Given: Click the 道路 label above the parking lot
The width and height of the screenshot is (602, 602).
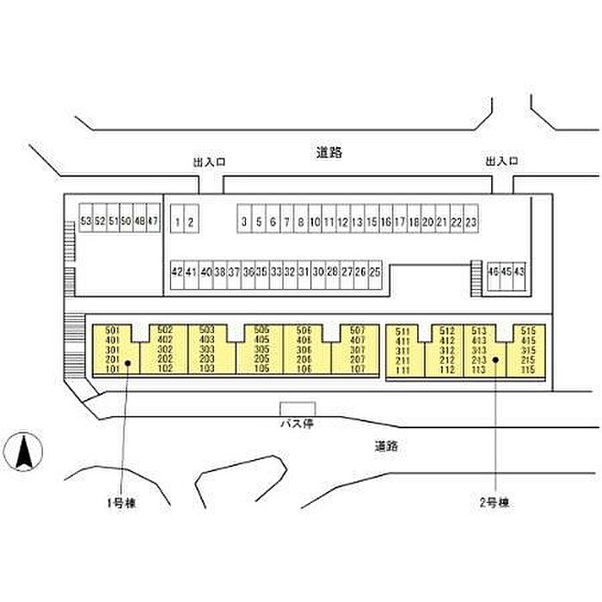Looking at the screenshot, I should point(329,153).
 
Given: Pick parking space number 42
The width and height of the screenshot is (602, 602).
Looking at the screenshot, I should point(177,272).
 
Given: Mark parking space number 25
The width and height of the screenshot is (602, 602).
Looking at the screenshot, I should point(375,272).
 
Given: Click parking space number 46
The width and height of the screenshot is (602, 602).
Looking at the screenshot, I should point(493,272).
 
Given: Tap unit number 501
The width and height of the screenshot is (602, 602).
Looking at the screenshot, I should point(110,330).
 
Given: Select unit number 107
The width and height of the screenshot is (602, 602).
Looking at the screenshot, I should point(358,369).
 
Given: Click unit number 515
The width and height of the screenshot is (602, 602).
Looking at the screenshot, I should point(528,330).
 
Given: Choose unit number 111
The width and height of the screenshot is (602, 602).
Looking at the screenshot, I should point(402,370).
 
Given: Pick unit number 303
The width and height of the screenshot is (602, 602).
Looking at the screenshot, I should point(206,350).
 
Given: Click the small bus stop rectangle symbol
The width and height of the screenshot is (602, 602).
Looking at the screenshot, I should point(298,408).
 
